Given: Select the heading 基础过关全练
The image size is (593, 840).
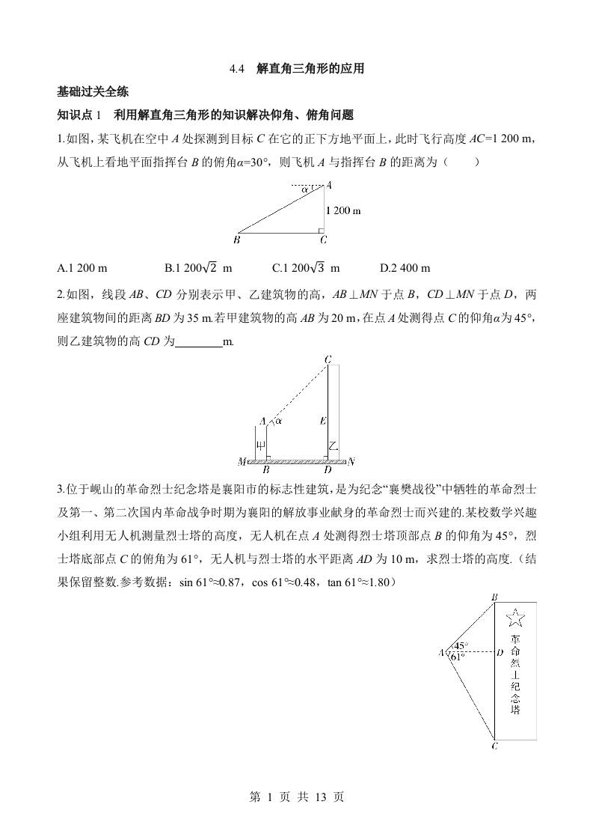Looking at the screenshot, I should pyautogui.click(x=93, y=92).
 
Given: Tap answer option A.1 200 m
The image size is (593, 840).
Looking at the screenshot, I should pyautogui.click(x=82, y=268).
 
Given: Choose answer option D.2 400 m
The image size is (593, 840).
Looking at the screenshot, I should pyautogui.click(x=405, y=268).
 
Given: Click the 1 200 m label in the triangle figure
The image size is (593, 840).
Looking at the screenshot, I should pyautogui.click(x=344, y=210).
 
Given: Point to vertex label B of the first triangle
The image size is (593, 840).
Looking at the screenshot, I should pyautogui.click(x=236, y=240).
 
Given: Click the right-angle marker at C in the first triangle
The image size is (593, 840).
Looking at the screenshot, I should pyautogui.click(x=320, y=230).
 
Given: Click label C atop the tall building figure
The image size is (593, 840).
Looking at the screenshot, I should pyautogui.click(x=328, y=360).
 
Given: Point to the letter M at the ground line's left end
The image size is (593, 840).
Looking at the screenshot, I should pyautogui.click(x=242, y=461).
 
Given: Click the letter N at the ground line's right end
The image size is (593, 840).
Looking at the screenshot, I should pyautogui.click(x=351, y=461).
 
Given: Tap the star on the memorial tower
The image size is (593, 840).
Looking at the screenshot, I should pyautogui.click(x=515, y=618).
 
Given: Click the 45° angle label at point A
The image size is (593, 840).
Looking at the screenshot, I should pyautogui.click(x=461, y=645).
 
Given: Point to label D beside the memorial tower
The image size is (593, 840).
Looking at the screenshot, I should pyautogui.click(x=500, y=652).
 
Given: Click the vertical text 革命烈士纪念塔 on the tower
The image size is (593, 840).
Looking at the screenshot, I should pyautogui.click(x=515, y=674).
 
